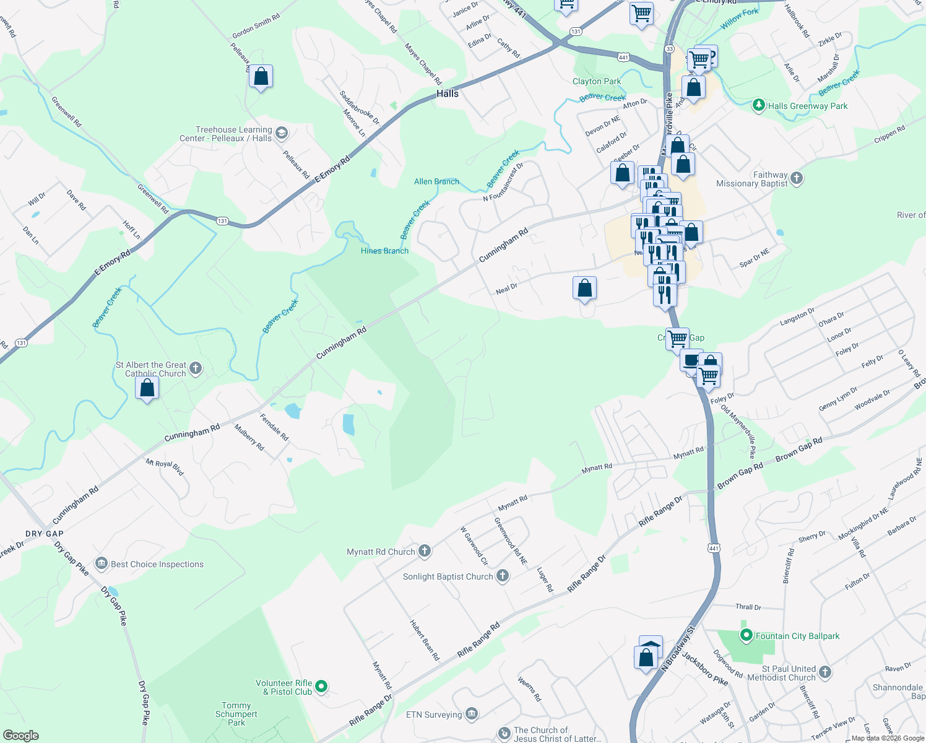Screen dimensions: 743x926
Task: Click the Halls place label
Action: [448, 93]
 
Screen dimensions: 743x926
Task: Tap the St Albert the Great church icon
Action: [196, 369]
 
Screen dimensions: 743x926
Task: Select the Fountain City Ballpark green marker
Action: [746, 635]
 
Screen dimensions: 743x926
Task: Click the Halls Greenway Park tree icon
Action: [759, 105]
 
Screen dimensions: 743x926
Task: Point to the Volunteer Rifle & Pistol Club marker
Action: [321, 686]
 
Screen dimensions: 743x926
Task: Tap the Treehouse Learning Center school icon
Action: [282, 133]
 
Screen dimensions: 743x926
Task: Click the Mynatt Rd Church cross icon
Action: [425, 551]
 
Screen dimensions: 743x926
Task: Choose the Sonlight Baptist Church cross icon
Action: [503, 576]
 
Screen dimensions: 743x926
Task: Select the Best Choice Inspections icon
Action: [101, 563]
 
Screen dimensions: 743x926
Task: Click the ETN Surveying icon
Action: [471, 714]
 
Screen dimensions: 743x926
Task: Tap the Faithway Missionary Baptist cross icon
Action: [797, 178]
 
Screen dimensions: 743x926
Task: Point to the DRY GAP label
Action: [45, 534]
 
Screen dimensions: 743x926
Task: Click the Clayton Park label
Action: [597, 81]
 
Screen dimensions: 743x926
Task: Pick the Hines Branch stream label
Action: [384, 251]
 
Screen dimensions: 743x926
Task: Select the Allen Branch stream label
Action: [436, 181]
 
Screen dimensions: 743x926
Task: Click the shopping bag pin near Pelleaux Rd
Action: [261, 77]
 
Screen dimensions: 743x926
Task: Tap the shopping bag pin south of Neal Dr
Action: [584, 289]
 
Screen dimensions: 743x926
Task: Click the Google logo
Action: [21, 736]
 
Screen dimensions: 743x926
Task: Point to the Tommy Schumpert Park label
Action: [236, 714]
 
